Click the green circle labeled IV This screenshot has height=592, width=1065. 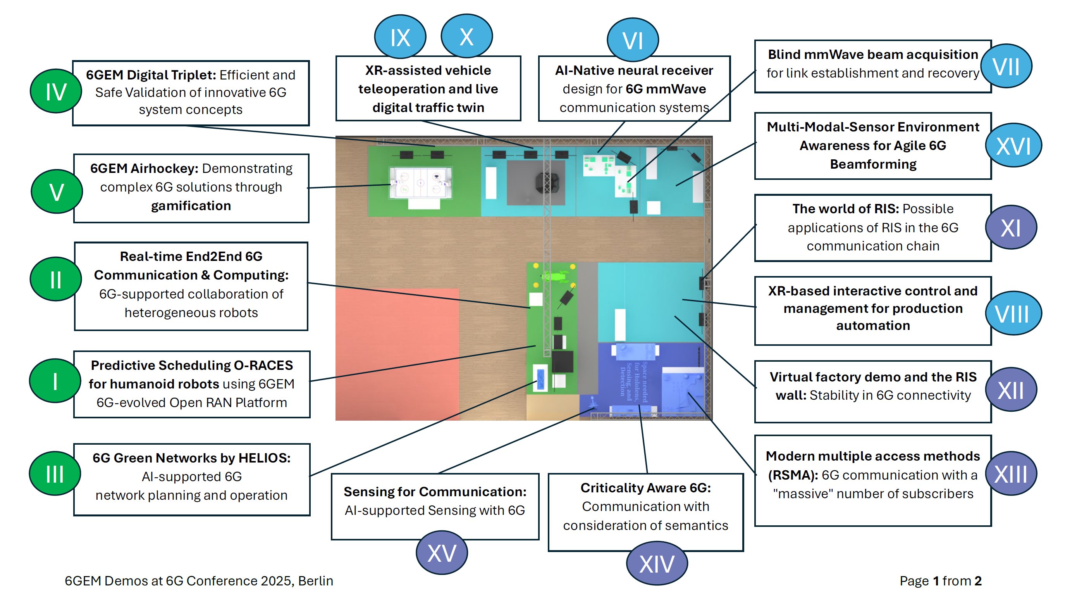(55, 91)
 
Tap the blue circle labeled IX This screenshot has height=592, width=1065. (400, 38)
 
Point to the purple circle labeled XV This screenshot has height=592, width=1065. (442, 553)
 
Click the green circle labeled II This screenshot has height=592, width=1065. (55, 279)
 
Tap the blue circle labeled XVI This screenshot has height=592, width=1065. (1013, 146)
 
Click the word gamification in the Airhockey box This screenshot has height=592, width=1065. (191, 205)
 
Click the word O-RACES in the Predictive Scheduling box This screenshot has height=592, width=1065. (263, 365)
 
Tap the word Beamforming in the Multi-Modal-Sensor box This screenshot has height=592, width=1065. (873, 164)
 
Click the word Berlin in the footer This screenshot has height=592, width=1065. (315, 581)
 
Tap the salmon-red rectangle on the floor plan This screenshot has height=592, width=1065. (397, 354)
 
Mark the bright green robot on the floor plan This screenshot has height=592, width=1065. (556, 276)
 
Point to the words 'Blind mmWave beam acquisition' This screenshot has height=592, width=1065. (873, 55)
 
